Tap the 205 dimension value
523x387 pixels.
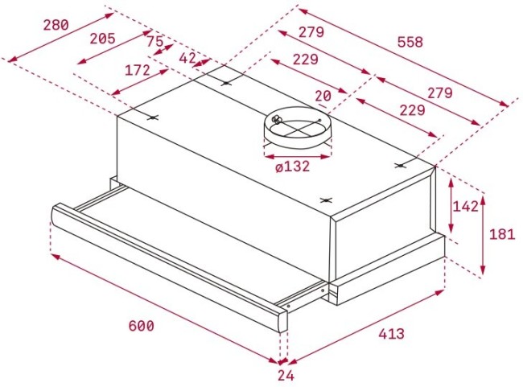coord(102,38)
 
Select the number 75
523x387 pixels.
coord(155,42)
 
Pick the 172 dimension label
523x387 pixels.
coord(138,70)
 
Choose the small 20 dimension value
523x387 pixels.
coord(323,97)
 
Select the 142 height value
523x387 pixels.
coord(465,206)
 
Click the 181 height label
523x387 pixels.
coord(501,235)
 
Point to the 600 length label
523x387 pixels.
coord(141,326)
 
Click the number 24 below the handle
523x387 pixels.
coord(286,375)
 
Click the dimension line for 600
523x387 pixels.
coord(161,306)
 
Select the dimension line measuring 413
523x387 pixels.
coord(366,326)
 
